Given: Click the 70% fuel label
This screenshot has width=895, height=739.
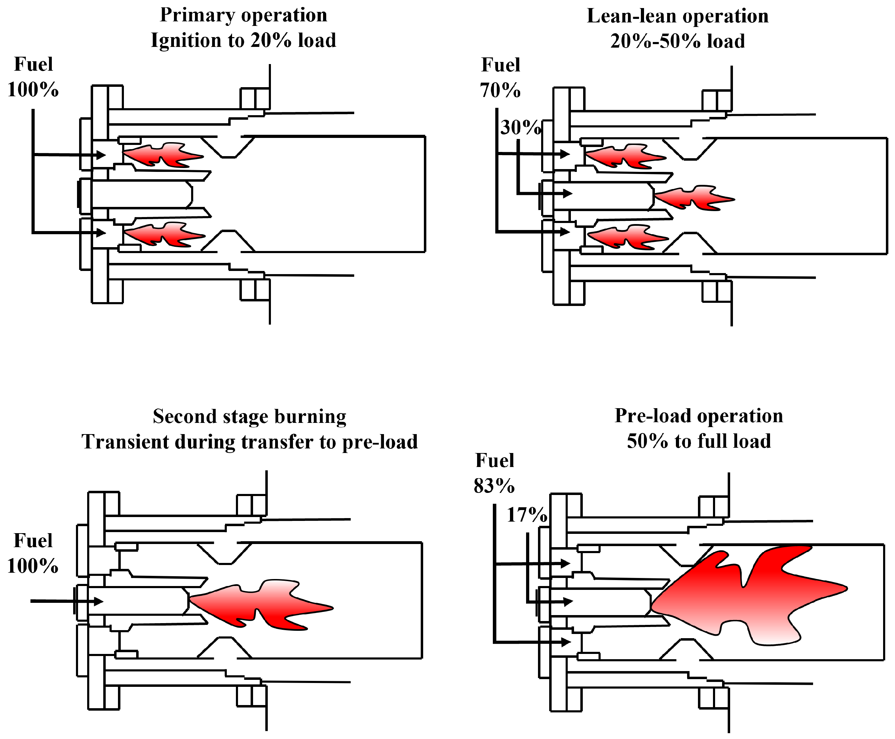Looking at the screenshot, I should pos(500,90).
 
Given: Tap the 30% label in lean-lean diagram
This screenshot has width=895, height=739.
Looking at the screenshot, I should pos(520,127).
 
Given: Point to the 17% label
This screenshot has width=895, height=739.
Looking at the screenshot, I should pos(526,515).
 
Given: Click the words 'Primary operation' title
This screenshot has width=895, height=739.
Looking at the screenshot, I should pos(243,15).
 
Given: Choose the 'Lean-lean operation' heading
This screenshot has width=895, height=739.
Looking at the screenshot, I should pos(678,16).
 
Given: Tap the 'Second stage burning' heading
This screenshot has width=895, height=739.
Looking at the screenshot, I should pos(250,416).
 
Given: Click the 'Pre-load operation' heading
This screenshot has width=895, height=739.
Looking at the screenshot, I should pos(699,416).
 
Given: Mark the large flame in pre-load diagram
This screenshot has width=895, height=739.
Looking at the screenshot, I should pos(749,596).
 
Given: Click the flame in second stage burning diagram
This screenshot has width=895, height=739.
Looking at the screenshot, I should pos(260,605).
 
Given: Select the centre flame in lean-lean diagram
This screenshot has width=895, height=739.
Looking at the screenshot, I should pos(694,198).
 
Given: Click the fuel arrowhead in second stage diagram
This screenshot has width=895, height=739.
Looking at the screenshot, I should pos(99,601).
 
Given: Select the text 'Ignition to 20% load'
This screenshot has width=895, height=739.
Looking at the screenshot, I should pos(243,41).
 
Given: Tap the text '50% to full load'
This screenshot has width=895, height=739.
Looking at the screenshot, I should pos(699,441).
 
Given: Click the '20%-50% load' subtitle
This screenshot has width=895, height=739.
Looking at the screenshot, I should pos(678,41).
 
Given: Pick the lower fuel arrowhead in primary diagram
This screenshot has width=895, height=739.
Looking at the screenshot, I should pos(101,233).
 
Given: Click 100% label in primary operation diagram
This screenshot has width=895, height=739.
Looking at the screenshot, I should pos(33,90).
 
